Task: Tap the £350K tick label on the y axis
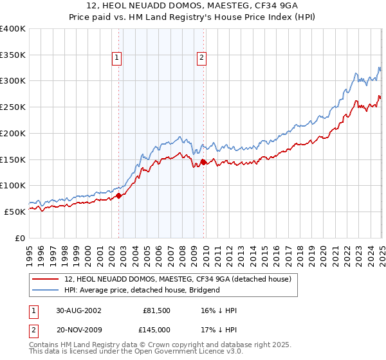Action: [x=13, y=55]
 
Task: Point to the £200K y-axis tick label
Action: [x=13, y=134]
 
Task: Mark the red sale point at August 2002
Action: [x=119, y=196]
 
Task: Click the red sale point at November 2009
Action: [x=204, y=163]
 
